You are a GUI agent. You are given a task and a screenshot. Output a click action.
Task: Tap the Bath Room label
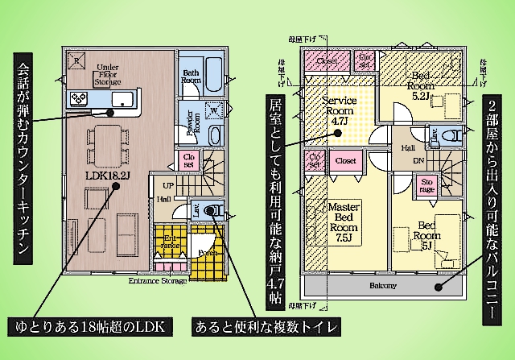pyautogui.click(x=190, y=77)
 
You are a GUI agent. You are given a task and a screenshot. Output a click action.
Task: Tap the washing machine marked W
pyautogui.click(x=215, y=111)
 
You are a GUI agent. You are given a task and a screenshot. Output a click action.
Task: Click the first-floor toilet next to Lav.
pyautogui.click(x=214, y=212)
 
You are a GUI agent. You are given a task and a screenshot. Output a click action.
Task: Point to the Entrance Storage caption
pyautogui.click(x=158, y=281)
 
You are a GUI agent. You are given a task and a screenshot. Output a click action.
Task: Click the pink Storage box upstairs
pyautogui.click(x=427, y=186)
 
